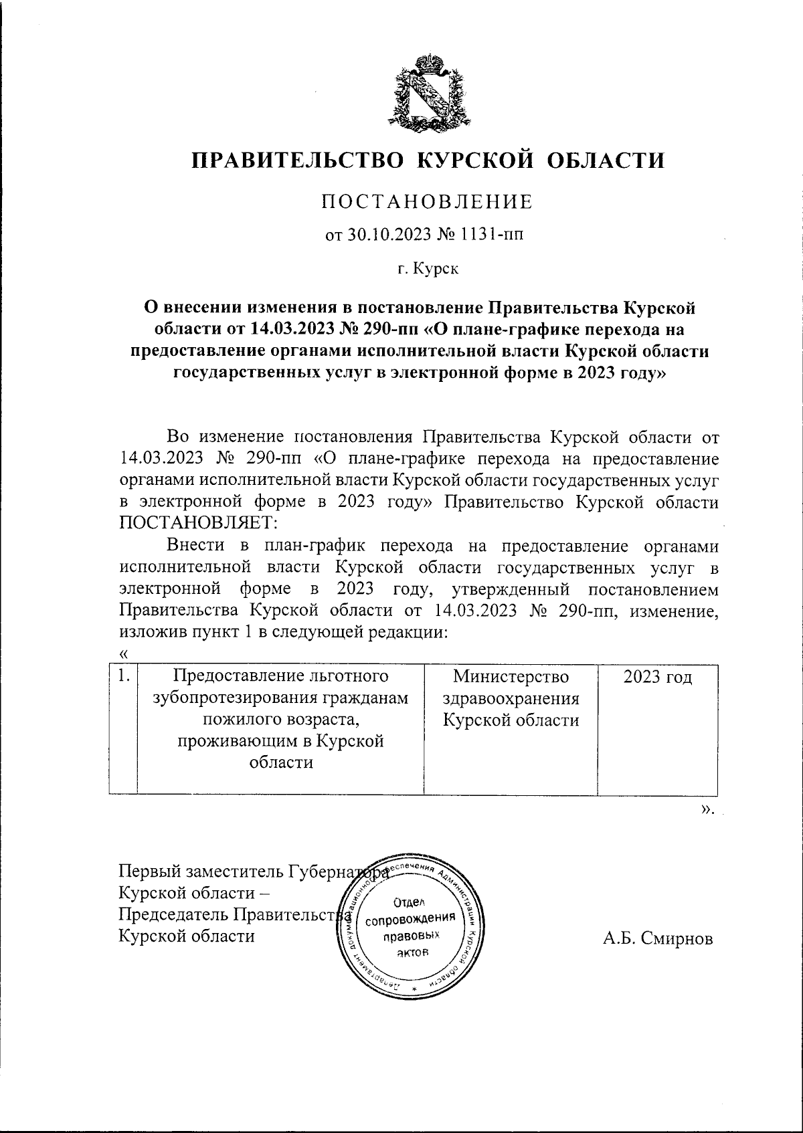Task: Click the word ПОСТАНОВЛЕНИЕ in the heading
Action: (428, 201)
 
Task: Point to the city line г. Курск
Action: (428, 270)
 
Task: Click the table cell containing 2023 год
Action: (657, 677)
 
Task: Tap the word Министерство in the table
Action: (511, 677)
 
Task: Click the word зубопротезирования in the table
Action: (280, 698)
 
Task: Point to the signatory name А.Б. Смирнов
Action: (658, 938)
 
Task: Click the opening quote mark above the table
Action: (122, 654)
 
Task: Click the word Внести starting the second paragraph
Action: (195, 546)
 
